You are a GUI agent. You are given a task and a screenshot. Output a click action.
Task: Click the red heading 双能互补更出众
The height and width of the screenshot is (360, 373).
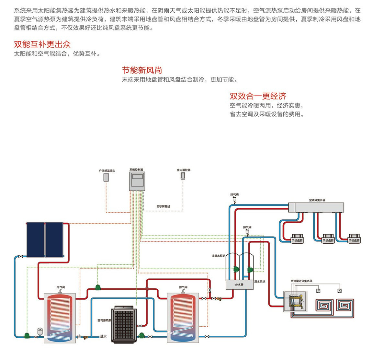click(x=42, y=44)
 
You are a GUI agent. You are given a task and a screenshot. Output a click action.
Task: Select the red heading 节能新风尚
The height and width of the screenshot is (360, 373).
click(x=142, y=70)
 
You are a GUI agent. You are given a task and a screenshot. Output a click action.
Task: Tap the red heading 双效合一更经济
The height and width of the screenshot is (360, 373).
click(x=258, y=96)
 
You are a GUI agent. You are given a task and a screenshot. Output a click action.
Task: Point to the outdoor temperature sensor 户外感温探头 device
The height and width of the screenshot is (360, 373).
click(x=106, y=177)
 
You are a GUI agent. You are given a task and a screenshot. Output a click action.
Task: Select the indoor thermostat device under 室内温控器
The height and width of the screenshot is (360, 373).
click(x=183, y=176)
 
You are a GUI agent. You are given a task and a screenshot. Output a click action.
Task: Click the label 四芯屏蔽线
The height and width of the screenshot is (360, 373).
click(x=163, y=206)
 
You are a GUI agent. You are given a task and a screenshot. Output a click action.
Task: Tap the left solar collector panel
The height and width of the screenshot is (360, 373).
click(x=35, y=239)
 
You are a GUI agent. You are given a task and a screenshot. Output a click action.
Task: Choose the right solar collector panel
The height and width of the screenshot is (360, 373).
click(x=54, y=239)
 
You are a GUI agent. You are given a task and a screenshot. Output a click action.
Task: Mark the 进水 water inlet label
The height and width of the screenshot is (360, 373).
click(x=103, y=336)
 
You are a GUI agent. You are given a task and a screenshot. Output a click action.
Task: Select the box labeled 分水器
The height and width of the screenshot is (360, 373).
click(x=239, y=285)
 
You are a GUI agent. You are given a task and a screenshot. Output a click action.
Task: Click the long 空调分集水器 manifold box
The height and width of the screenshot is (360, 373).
click(x=316, y=207)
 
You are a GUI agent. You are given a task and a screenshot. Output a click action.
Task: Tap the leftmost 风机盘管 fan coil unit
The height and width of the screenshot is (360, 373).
click(x=297, y=238)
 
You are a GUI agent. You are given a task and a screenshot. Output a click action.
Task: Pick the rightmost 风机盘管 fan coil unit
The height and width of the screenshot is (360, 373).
click(x=354, y=238)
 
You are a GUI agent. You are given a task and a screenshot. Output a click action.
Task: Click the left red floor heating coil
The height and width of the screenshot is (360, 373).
click(x=324, y=305)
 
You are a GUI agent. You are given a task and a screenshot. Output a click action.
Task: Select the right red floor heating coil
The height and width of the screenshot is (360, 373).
click(x=345, y=305)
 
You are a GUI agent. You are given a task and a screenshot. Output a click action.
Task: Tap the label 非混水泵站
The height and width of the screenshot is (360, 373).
click(x=219, y=256)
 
